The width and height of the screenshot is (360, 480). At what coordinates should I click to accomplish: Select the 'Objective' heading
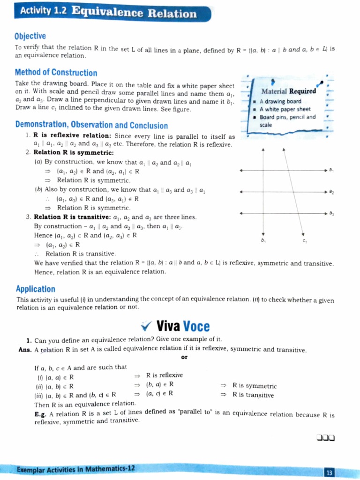(30, 36)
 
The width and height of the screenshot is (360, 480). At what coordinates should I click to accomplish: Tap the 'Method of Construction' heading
(56, 72)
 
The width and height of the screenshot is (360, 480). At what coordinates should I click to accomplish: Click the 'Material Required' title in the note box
(288, 91)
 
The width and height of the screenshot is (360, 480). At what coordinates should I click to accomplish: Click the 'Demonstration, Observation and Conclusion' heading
(91, 125)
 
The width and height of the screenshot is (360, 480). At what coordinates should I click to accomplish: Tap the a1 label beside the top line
(331, 170)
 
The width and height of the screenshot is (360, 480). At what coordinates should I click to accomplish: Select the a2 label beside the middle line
(331, 192)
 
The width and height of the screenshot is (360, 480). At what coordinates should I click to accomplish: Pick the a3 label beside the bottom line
(331, 214)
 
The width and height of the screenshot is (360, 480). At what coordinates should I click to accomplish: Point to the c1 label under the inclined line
(305, 241)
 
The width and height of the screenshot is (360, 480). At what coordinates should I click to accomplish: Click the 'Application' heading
(36, 289)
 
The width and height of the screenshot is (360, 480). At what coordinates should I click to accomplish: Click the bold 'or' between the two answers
(183, 358)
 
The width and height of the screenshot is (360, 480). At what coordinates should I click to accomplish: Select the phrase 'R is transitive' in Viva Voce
(253, 395)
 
